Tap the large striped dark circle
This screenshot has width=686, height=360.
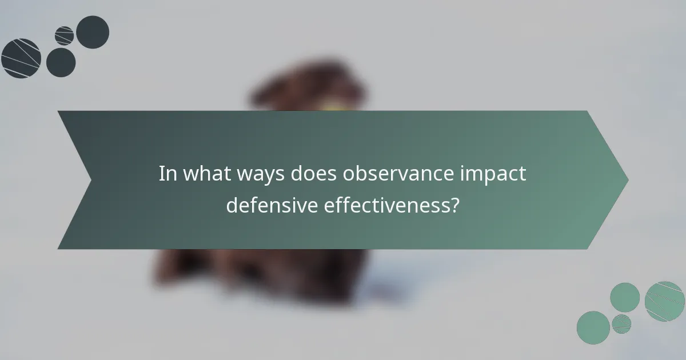21,58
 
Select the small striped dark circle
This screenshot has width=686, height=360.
65,35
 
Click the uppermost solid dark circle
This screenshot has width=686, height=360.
93,32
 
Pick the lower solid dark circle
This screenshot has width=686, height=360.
61,62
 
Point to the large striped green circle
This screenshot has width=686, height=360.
664,301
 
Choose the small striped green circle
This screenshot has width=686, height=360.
621,323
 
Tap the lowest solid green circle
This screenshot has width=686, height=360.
593,327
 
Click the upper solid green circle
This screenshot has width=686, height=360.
625,297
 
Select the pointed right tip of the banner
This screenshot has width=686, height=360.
627,179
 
